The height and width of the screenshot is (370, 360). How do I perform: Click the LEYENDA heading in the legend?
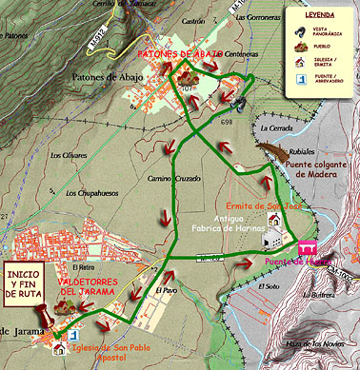323,16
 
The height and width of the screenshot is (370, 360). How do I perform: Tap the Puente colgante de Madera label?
319,170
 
